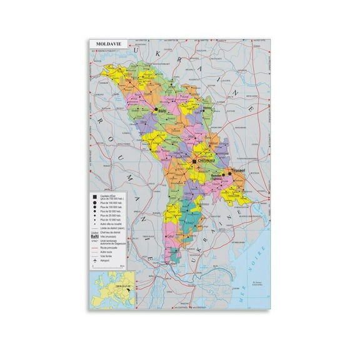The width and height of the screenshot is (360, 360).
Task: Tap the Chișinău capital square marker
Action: tap(195, 161)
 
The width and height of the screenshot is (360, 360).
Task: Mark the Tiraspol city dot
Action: tap(230, 168)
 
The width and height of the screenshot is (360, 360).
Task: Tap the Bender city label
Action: tap(219, 175)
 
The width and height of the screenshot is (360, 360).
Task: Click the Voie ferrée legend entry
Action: tap(110, 256)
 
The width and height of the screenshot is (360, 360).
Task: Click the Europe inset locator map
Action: tap(112, 296)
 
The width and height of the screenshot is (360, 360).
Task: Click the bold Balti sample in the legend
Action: tap(95, 237)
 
